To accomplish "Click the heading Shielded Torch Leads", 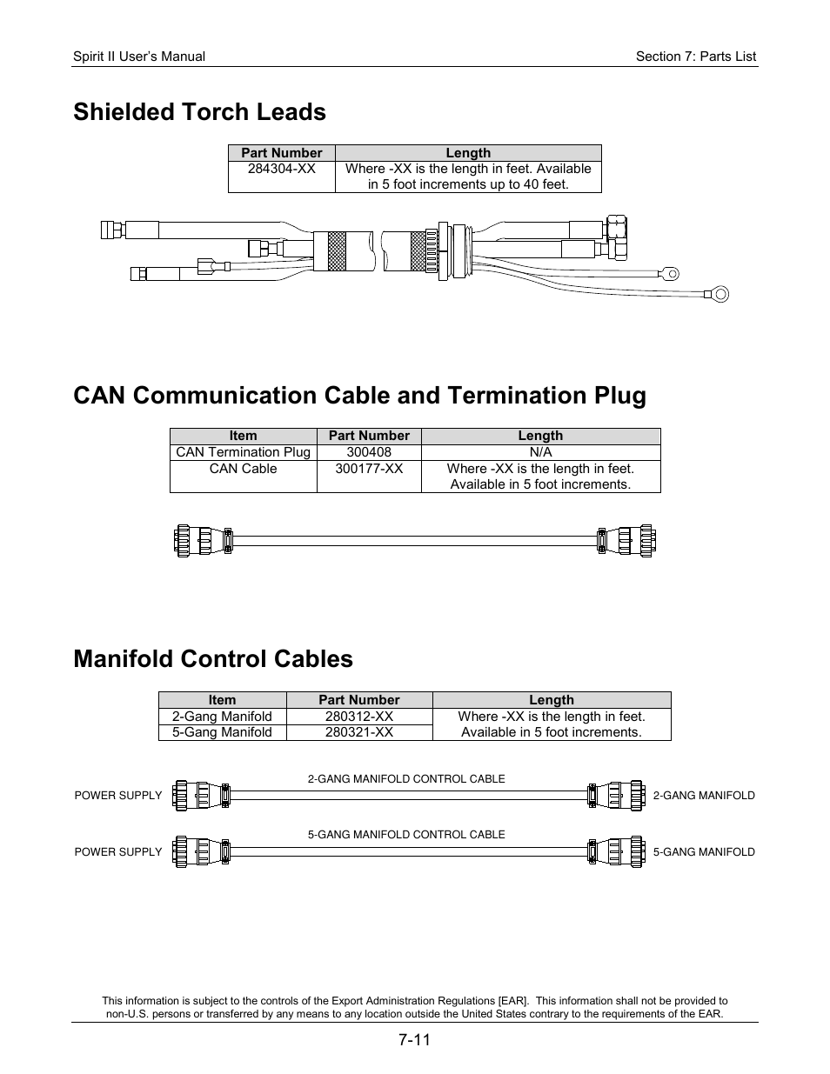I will click(x=199, y=112).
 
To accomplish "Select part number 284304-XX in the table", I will click(x=281, y=169).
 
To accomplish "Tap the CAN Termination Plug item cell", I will click(x=243, y=452).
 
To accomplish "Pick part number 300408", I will click(x=369, y=452).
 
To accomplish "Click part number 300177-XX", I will click(x=369, y=469).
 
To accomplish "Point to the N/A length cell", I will click(x=540, y=452).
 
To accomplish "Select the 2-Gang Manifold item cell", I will click(x=222, y=717).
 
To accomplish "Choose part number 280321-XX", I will click(x=358, y=732).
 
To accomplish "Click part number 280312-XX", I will click(x=358, y=717).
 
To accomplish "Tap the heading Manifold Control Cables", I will click(x=213, y=659).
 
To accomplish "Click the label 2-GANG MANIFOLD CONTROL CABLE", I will click(x=406, y=779).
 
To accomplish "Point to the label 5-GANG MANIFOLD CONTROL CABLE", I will click(x=406, y=835).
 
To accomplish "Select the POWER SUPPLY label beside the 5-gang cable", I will click(x=118, y=852).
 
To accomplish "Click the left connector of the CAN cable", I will click(x=203, y=541).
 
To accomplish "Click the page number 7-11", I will click(x=415, y=1040).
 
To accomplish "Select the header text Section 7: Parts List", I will click(x=695, y=57).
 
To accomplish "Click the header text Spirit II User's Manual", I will click(x=139, y=57).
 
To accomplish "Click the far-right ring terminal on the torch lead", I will click(x=720, y=294).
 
